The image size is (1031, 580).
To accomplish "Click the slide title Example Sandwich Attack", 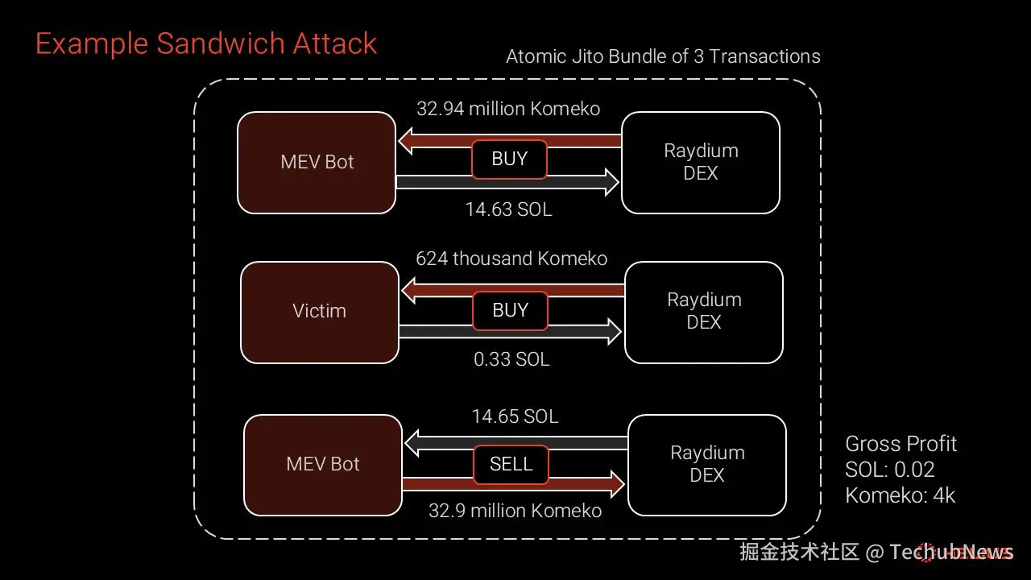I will [x=206, y=43].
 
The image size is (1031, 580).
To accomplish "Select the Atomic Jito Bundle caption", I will [x=663, y=56].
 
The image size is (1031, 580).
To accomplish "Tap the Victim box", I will [x=320, y=312].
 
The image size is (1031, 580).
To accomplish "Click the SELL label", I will [x=511, y=464].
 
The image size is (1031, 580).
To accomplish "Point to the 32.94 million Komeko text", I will [x=508, y=109].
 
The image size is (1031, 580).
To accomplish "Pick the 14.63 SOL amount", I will [x=508, y=209].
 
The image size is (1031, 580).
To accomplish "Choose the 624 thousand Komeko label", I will [x=511, y=259].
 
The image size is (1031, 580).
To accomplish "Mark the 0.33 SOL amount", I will [x=511, y=359].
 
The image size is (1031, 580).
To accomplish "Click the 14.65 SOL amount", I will [x=515, y=416].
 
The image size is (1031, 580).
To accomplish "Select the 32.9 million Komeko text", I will [x=515, y=511].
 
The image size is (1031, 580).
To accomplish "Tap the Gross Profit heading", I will [x=901, y=444].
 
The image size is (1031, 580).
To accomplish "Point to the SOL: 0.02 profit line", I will [x=890, y=470].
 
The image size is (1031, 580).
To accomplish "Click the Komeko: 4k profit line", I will [x=900, y=495].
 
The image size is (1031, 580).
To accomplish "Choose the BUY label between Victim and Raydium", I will [x=510, y=310].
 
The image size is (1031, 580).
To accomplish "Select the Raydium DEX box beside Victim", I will [x=704, y=312].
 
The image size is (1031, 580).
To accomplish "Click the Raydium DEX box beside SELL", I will [x=707, y=465].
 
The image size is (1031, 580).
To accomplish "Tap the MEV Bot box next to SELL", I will [x=323, y=465].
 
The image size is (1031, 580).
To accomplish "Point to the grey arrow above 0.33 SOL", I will [x=588, y=331].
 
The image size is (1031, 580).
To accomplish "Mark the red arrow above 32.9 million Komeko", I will [x=588, y=484].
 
